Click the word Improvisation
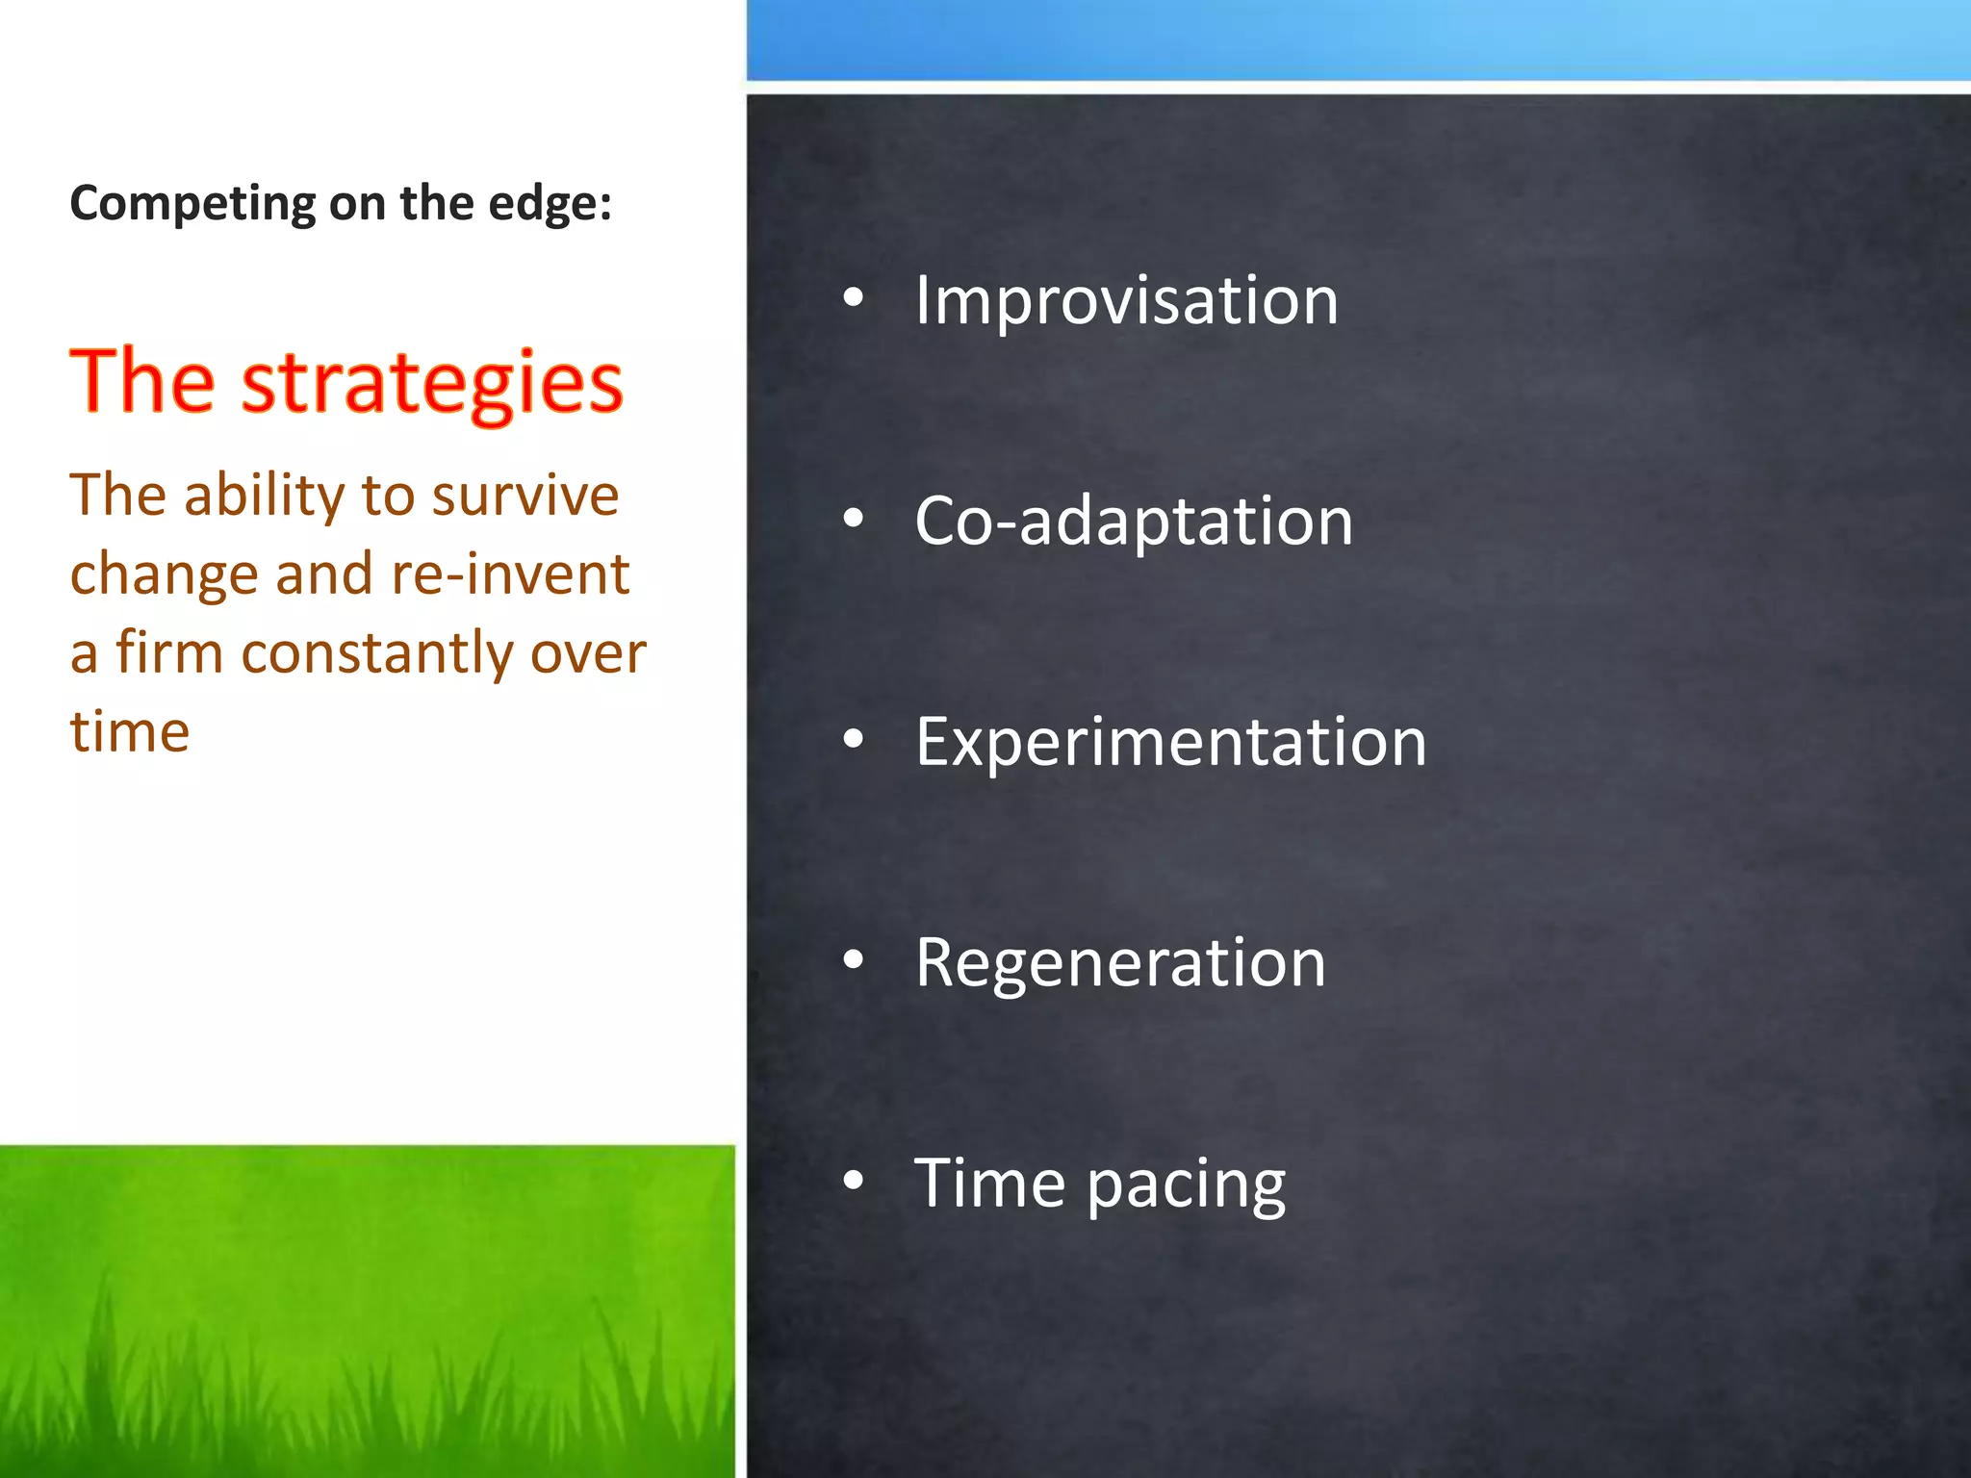coord(1126,301)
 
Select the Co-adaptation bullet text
coord(1134,522)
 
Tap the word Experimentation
coord(1170,742)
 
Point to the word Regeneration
coord(1120,962)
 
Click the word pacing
coord(1186,1185)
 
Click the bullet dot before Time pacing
coord(853,1182)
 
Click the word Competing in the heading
coord(192,205)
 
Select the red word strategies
coord(432,383)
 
